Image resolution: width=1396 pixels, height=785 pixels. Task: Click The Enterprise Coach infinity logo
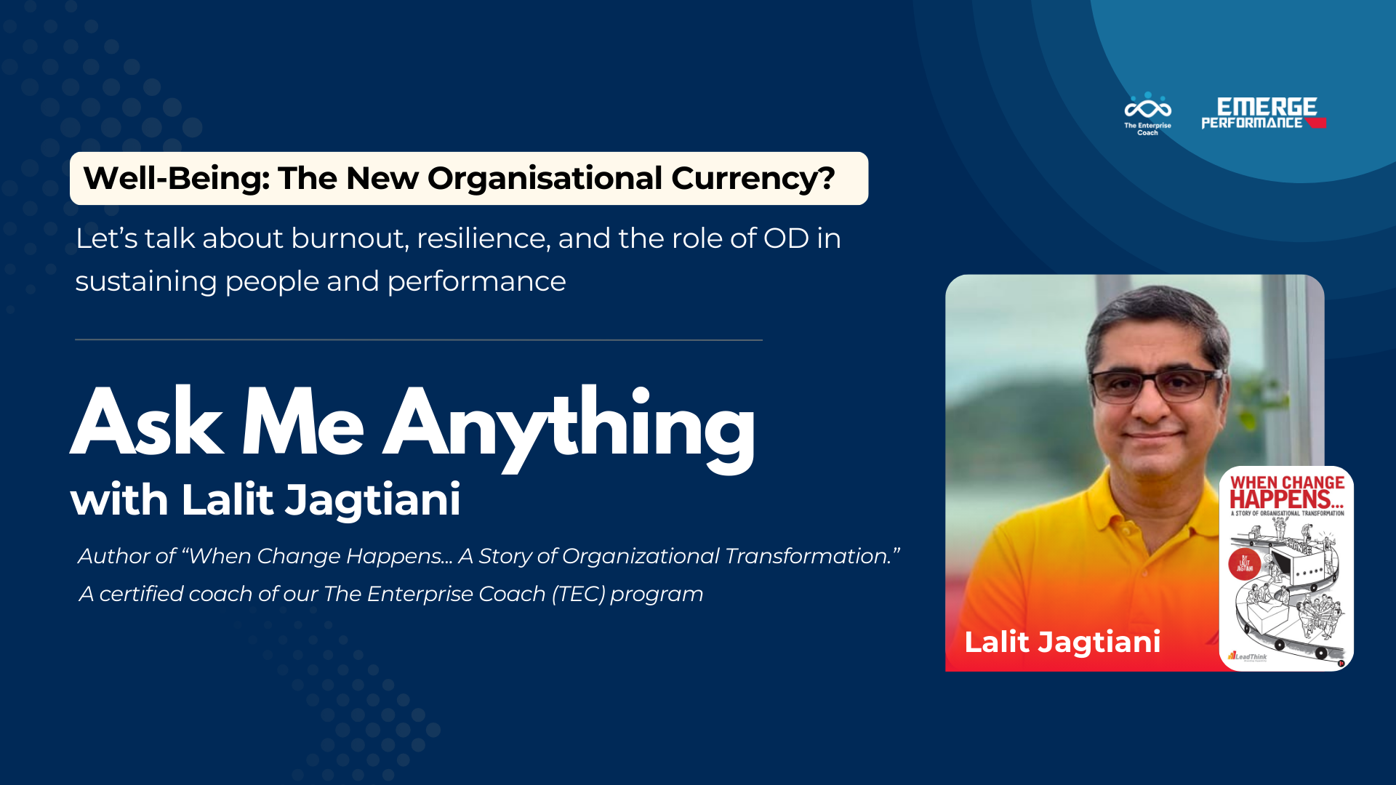(x=1147, y=108)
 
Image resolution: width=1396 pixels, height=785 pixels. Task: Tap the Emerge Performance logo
(x=1264, y=113)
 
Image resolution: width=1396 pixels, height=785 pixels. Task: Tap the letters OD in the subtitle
(x=786, y=238)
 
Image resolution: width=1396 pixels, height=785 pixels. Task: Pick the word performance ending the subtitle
(x=476, y=282)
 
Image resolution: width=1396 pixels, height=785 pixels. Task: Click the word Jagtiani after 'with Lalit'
(x=372, y=500)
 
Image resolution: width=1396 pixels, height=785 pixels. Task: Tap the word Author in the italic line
(x=127, y=556)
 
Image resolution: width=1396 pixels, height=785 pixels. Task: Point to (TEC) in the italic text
(x=578, y=594)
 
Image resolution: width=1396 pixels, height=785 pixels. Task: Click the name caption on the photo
(x=1062, y=642)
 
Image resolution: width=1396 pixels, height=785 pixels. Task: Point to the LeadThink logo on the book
(x=1248, y=656)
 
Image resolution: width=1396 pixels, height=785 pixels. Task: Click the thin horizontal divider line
(x=418, y=339)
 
